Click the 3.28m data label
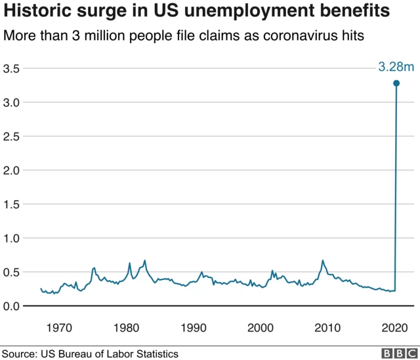point(396,67)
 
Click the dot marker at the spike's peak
point(396,83)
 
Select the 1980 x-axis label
point(126,327)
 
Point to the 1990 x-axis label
point(194,327)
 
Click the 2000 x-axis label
point(261,327)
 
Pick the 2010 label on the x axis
point(328,327)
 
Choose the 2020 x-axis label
point(395,327)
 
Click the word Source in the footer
point(20,353)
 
